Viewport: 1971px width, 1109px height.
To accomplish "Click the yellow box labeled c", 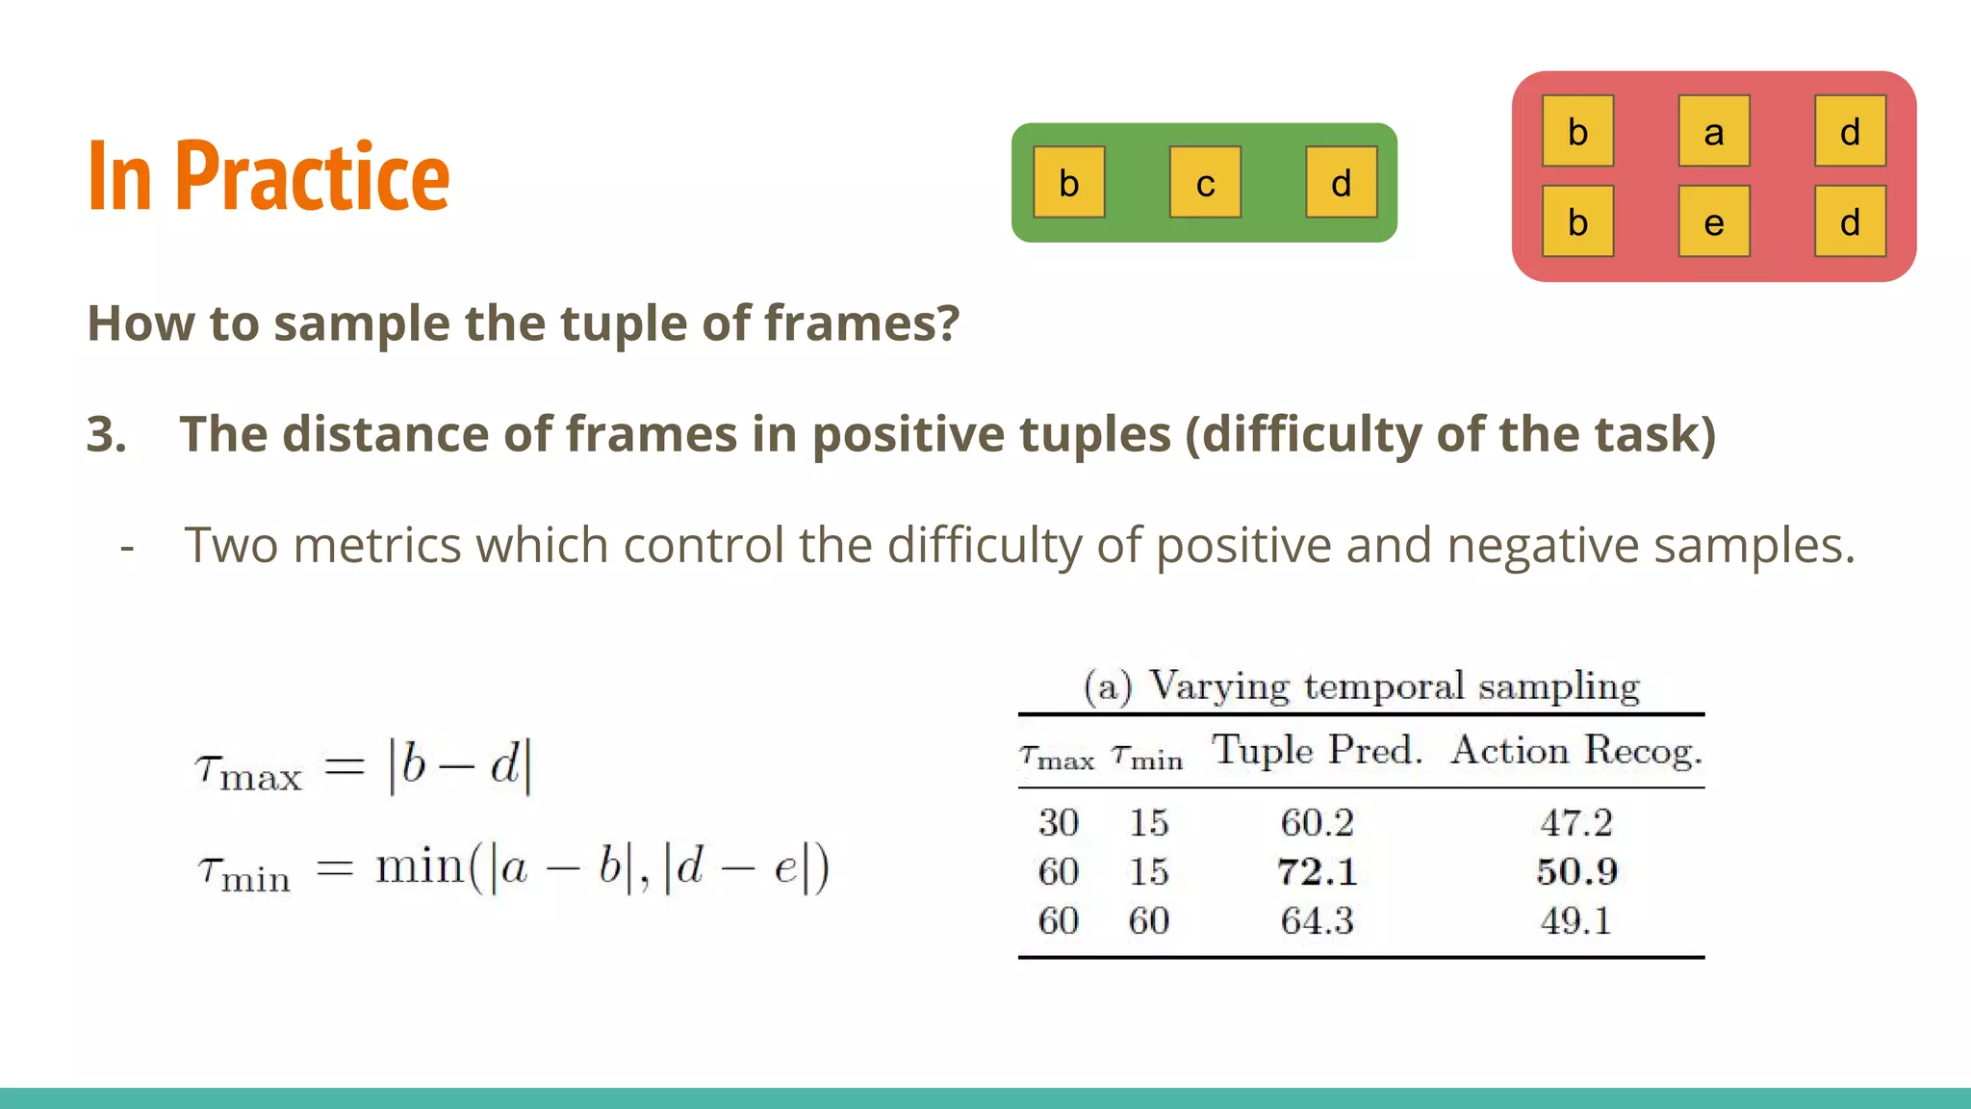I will [1205, 183].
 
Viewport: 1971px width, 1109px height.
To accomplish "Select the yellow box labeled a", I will [1713, 131].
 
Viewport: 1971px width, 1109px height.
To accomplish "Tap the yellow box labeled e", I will [1713, 222].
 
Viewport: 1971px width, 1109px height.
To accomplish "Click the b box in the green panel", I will [1068, 183].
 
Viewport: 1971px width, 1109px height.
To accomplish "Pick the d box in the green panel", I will [1341, 183].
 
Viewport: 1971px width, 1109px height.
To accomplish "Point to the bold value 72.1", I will [1317, 872].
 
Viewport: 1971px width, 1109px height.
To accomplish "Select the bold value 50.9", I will [1576, 872].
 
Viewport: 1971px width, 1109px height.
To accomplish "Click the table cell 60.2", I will [1317, 823].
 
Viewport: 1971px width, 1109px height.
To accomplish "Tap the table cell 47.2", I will [1576, 823].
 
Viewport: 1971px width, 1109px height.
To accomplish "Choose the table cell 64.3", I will [1317, 921].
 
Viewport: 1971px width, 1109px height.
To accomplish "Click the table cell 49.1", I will [1576, 921].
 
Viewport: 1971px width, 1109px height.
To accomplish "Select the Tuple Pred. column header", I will [1317, 751].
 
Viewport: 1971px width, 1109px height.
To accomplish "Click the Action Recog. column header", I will [1576, 751].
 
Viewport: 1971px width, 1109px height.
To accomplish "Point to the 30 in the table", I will [1058, 823].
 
